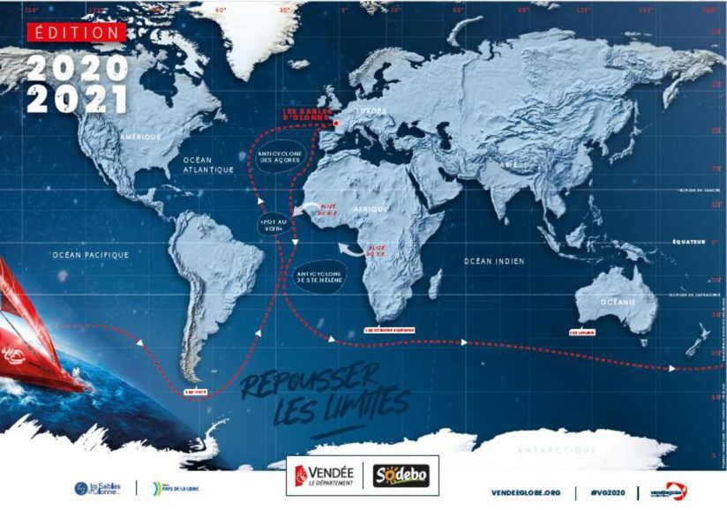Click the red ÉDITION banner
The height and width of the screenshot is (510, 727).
click(76, 32)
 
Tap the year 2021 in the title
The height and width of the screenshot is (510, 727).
click(78, 98)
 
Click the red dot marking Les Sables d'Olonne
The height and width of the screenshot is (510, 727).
click(336, 124)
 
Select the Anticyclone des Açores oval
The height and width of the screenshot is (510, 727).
click(281, 161)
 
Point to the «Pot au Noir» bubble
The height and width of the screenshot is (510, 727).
click(272, 223)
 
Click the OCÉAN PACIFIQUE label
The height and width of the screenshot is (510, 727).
click(90, 255)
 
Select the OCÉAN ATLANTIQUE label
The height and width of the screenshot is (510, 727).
click(208, 164)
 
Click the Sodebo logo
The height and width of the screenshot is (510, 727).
click(401, 476)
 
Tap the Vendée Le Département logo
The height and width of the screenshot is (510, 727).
click(323, 476)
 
